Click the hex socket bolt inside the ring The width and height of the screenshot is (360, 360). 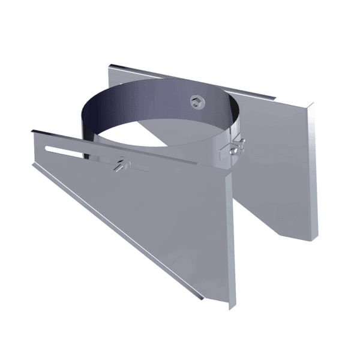tap(196, 101)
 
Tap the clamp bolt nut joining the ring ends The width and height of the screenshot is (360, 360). tap(233, 146)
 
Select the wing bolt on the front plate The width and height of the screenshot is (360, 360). tap(122, 163)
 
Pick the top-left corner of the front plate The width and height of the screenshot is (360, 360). tap(33, 128)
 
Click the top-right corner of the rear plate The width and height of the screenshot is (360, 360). tap(313, 103)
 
